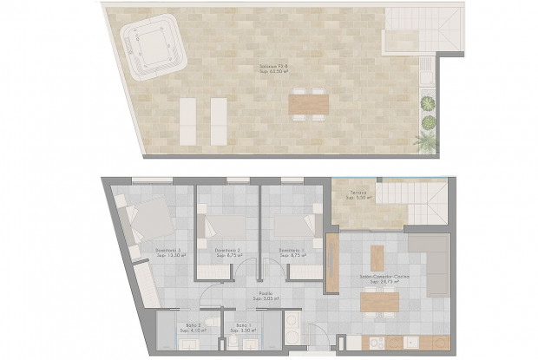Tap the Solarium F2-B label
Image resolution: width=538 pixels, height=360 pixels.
pyautogui.click(x=273, y=69)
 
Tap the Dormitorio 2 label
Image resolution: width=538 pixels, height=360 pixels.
pyautogui.click(x=229, y=252)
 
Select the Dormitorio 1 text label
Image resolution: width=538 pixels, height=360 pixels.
pyautogui.click(x=292, y=252)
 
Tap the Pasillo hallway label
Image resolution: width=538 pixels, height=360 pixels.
pyautogui.click(x=264, y=295)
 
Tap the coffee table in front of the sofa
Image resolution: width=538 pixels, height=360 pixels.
pyautogui.click(x=377, y=257)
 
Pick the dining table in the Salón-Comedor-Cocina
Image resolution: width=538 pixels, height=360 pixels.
pyautogui.click(x=379, y=301)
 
